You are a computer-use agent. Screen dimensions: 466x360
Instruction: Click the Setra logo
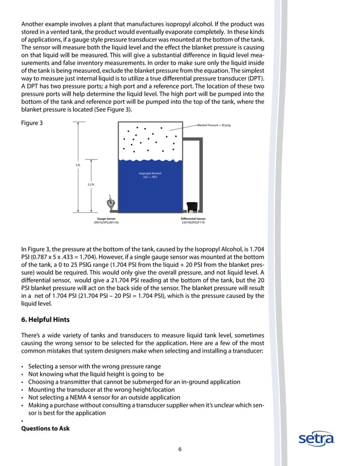point(317,438)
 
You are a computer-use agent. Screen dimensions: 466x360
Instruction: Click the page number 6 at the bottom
point(180,449)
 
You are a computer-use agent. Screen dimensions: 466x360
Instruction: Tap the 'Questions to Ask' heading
point(45,429)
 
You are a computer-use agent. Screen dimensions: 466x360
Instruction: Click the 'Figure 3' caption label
point(32,122)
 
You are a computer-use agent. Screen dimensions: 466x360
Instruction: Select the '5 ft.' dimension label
point(78,165)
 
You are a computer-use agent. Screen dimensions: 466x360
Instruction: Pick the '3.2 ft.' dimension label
point(91,184)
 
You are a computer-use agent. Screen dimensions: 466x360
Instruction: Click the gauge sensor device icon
point(111,203)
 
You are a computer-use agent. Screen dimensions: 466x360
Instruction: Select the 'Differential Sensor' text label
point(193,218)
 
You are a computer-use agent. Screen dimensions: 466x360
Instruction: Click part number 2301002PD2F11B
point(193,222)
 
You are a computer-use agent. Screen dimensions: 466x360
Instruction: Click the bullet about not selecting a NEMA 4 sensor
point(96,397)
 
